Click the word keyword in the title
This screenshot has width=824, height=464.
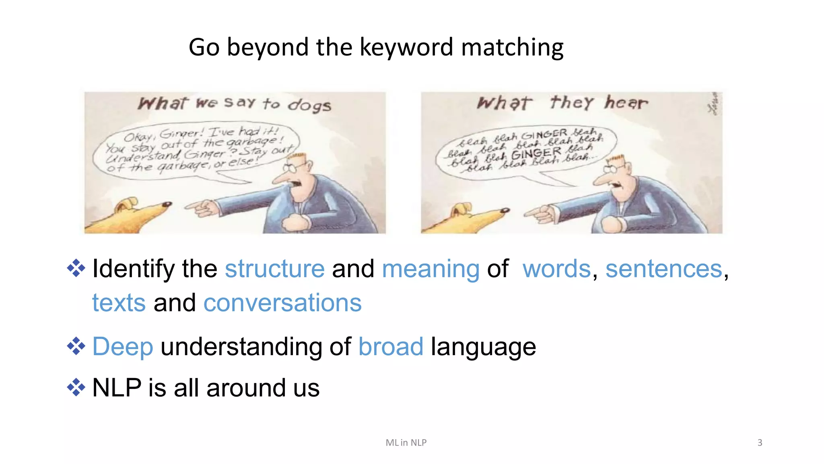point(406,47)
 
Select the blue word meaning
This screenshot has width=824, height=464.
point(431,269)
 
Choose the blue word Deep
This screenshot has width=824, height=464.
point(123,347)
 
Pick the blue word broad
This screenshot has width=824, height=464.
point(391,346)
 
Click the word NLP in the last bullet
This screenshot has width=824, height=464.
point(117,388)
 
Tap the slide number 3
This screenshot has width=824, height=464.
point(760,443)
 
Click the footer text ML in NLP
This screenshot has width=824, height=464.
point(406,443)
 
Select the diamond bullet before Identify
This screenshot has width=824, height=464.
point(76,268)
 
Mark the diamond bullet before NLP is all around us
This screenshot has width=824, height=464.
point(76,388)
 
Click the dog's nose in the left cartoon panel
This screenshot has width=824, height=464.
point(167,204)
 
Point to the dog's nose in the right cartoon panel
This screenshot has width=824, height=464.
point(505,210)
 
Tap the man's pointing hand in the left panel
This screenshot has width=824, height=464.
point(201,208)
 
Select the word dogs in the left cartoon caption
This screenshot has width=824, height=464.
point(309,105)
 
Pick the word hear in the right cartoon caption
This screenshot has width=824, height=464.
point(626,103)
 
